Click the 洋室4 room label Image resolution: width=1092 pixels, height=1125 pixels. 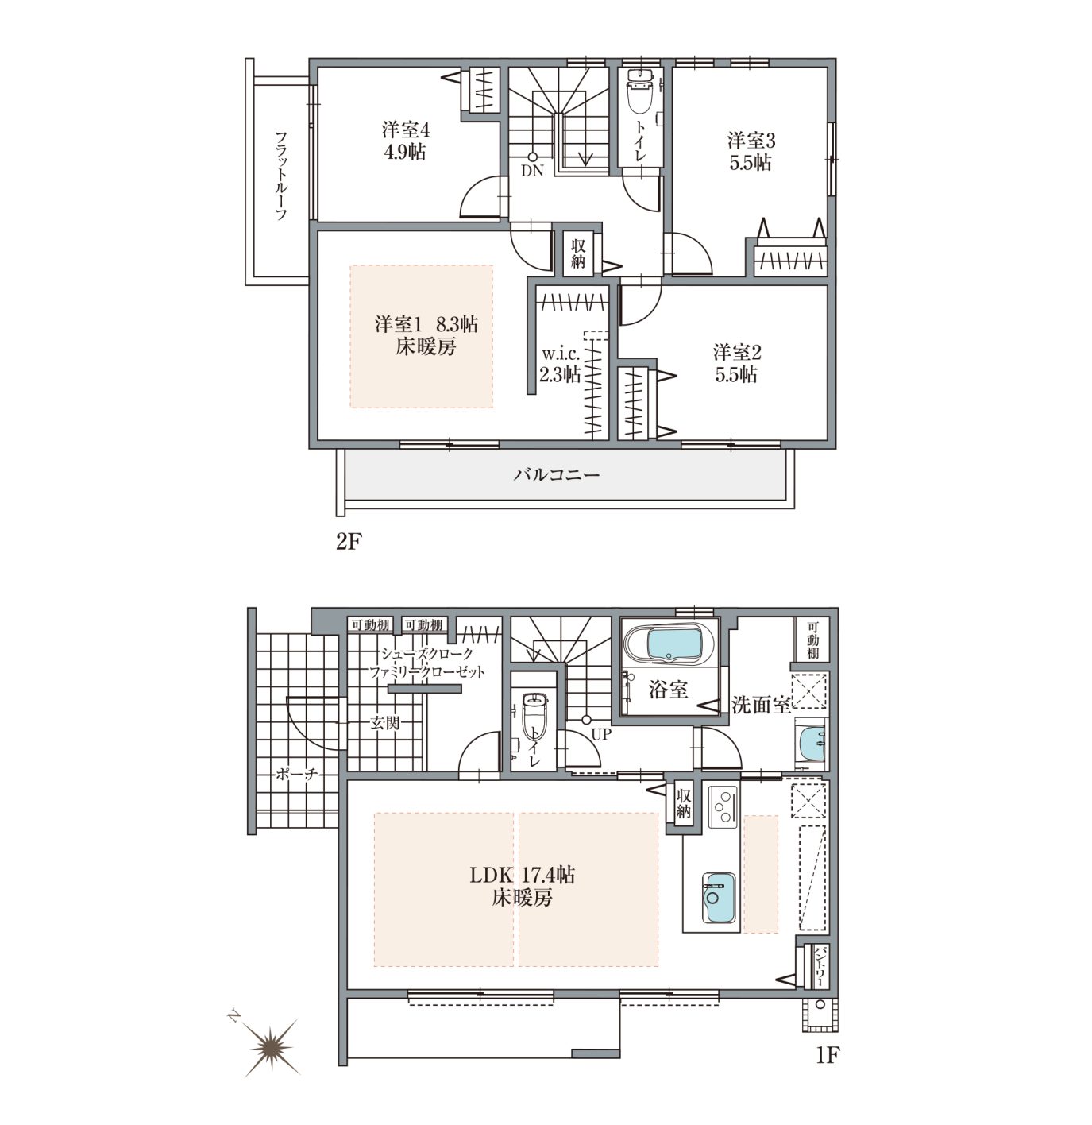(405, 129)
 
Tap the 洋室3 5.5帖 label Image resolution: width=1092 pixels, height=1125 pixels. (751, 151)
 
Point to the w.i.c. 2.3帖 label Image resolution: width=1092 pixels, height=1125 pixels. (560, 364)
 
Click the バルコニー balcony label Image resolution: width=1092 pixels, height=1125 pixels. (557, 475)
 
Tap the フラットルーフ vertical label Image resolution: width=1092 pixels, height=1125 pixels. (281, 175)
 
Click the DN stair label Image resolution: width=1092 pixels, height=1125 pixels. (531, 171)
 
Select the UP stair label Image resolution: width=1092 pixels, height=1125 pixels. (601, 734)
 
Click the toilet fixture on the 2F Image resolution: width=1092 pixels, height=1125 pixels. (639, 92)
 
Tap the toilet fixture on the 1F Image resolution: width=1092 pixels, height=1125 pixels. (533, 715)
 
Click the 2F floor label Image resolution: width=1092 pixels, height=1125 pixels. (349, 542)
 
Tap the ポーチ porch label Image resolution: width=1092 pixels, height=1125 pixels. (296, 774)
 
